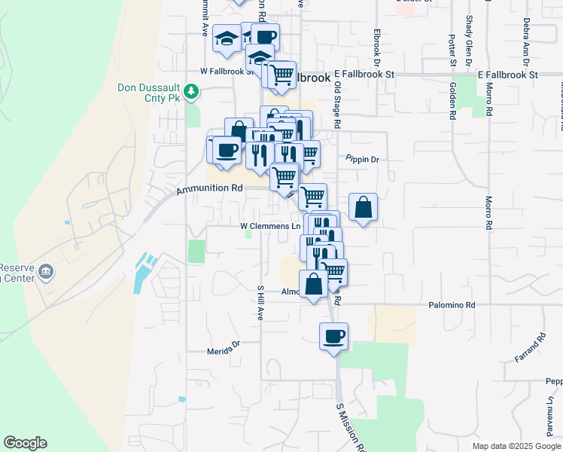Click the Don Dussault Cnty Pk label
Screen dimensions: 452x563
(150, 87)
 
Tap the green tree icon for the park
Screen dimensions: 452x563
(192, 92)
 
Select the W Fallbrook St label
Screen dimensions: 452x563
(229, 71)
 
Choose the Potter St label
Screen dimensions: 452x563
(452, 49)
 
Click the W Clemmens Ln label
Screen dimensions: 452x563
(270, 225)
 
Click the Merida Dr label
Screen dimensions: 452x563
(224, 350)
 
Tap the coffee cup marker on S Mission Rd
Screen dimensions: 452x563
(333, 336)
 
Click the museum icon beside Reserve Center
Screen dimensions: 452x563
(46, 271)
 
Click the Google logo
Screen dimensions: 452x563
(25, 443)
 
